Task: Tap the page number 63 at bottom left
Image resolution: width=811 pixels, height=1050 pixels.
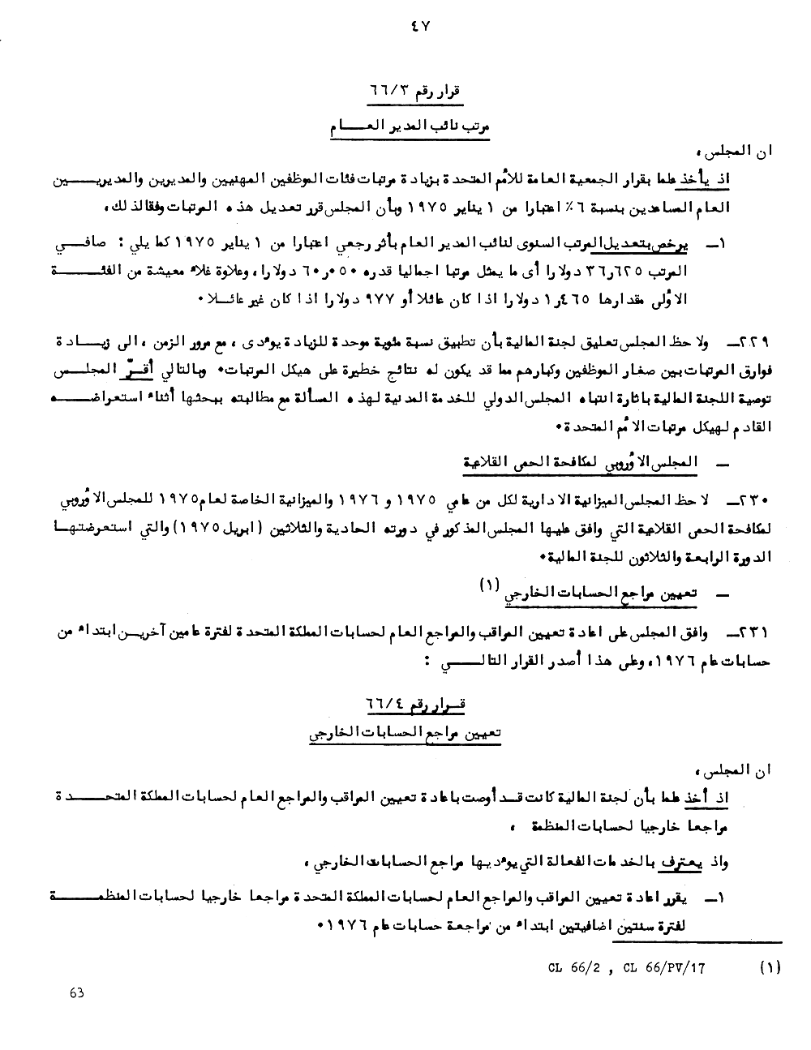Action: (78, 993)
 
